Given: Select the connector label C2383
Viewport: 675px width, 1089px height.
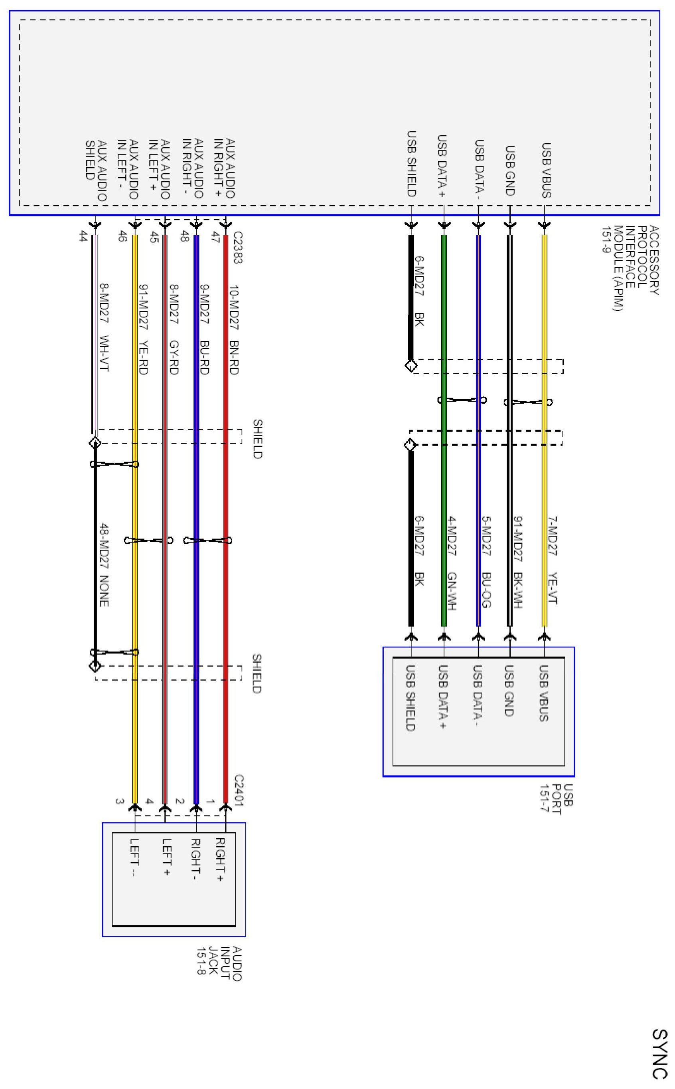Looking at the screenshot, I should (x=237, y=247).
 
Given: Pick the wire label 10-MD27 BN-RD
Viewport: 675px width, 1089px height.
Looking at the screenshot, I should (x=234, y=330).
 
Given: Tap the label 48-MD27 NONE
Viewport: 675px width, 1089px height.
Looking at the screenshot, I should (x=104, y=564).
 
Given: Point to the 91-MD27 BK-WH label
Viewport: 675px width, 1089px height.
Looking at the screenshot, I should (x=518, y=562).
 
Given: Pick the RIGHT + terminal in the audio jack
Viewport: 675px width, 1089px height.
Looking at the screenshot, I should (x=220, y=860).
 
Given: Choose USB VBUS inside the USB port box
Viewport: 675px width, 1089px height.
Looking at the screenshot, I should (x=544, y=693).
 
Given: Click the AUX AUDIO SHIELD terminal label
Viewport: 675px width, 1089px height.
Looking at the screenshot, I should (x=96, y=170).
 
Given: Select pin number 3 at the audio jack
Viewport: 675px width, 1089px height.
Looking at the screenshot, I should (x=119, y=801).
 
